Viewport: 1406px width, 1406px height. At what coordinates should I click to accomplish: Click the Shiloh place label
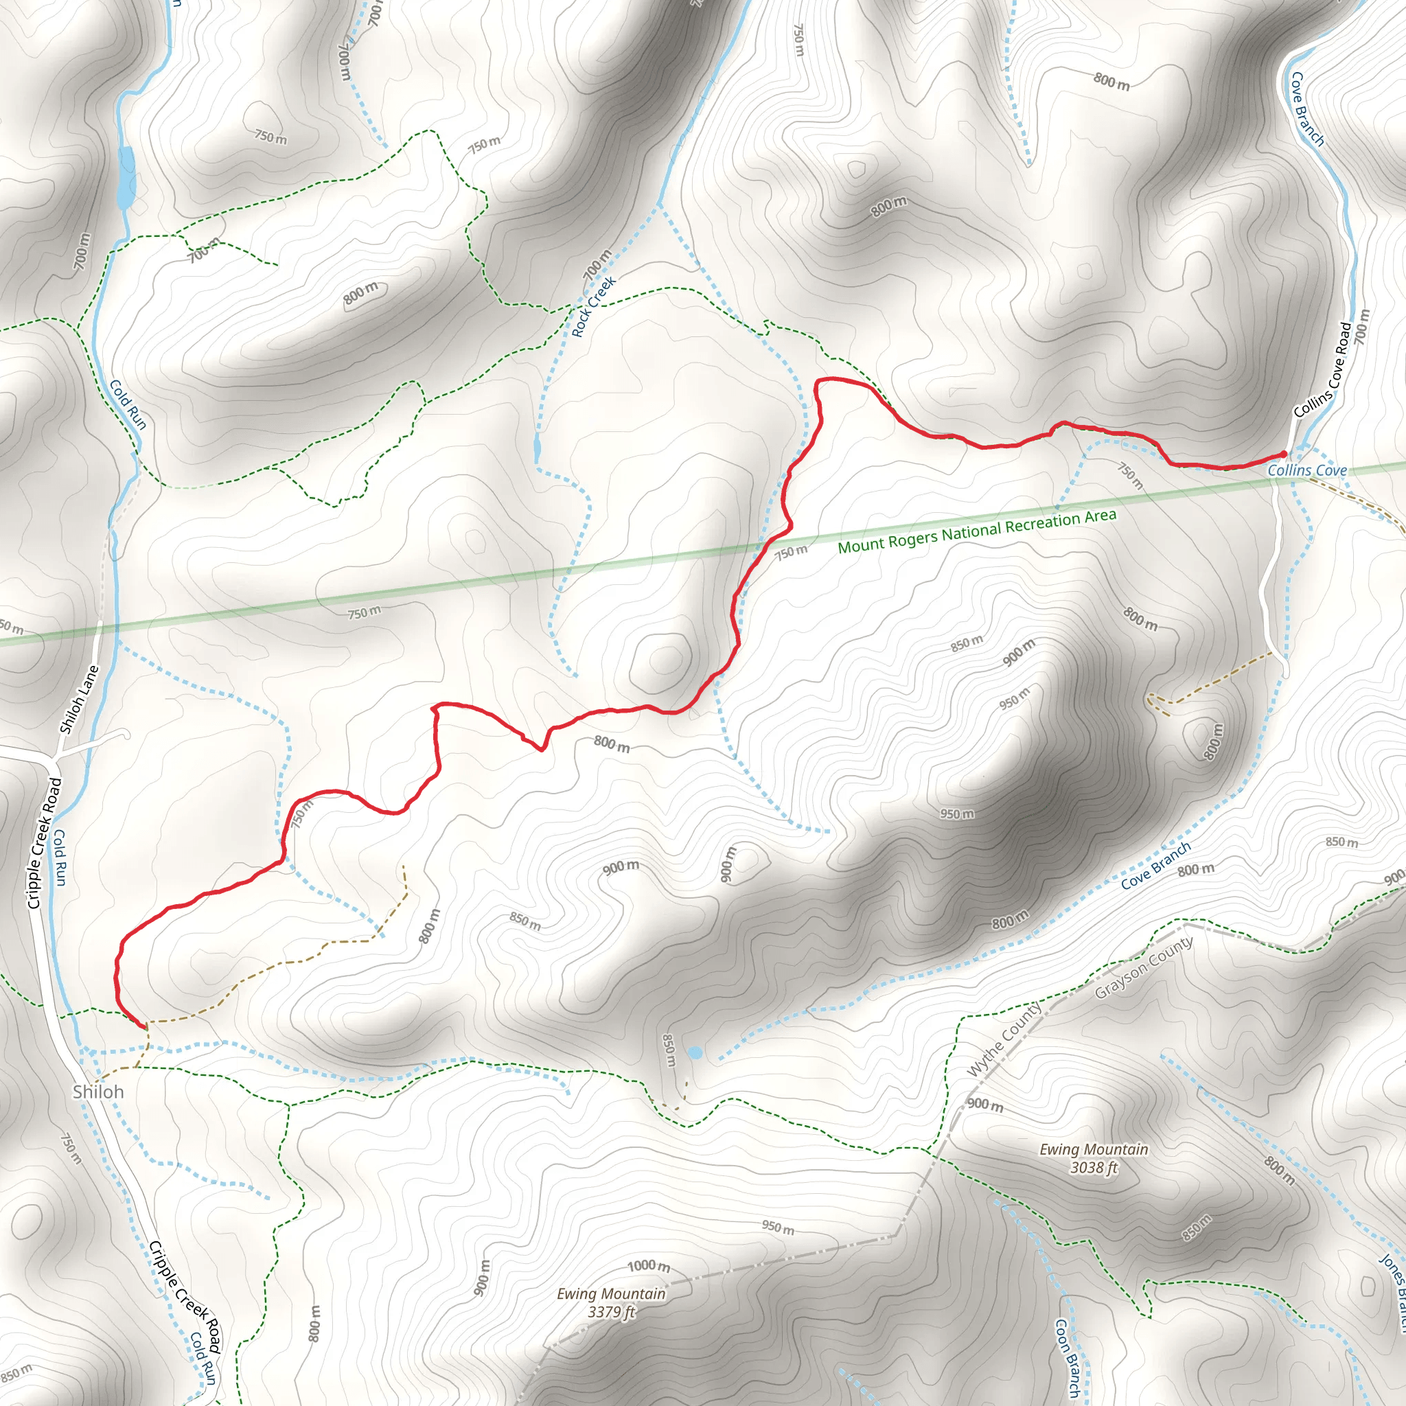click(x=98, y=1092)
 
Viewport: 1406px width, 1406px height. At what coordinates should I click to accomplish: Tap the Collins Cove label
click(x=1307, y=470)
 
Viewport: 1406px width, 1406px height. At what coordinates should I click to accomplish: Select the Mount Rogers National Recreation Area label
click(x=977, y=531)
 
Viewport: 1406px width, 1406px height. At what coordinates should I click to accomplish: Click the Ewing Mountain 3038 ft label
click(x=1094, y=1159)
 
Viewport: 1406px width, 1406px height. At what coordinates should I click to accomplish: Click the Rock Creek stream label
click(x=594, y=306)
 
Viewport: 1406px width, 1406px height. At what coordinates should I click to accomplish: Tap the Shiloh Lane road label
click(x=78, y=700)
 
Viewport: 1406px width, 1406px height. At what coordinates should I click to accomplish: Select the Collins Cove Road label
click(x=1323, y=371)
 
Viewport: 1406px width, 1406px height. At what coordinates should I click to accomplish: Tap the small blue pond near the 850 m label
click(x=695, y=1052)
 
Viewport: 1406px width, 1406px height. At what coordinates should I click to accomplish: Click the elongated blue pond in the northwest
click(x=126, y=177)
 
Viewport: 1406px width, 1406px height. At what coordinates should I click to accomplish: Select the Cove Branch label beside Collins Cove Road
click(x=1307, y=109)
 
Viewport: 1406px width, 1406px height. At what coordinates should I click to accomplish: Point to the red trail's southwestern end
click(x=143, y=1028)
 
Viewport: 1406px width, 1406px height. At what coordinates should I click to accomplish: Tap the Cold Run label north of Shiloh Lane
click(x=128, y=404)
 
